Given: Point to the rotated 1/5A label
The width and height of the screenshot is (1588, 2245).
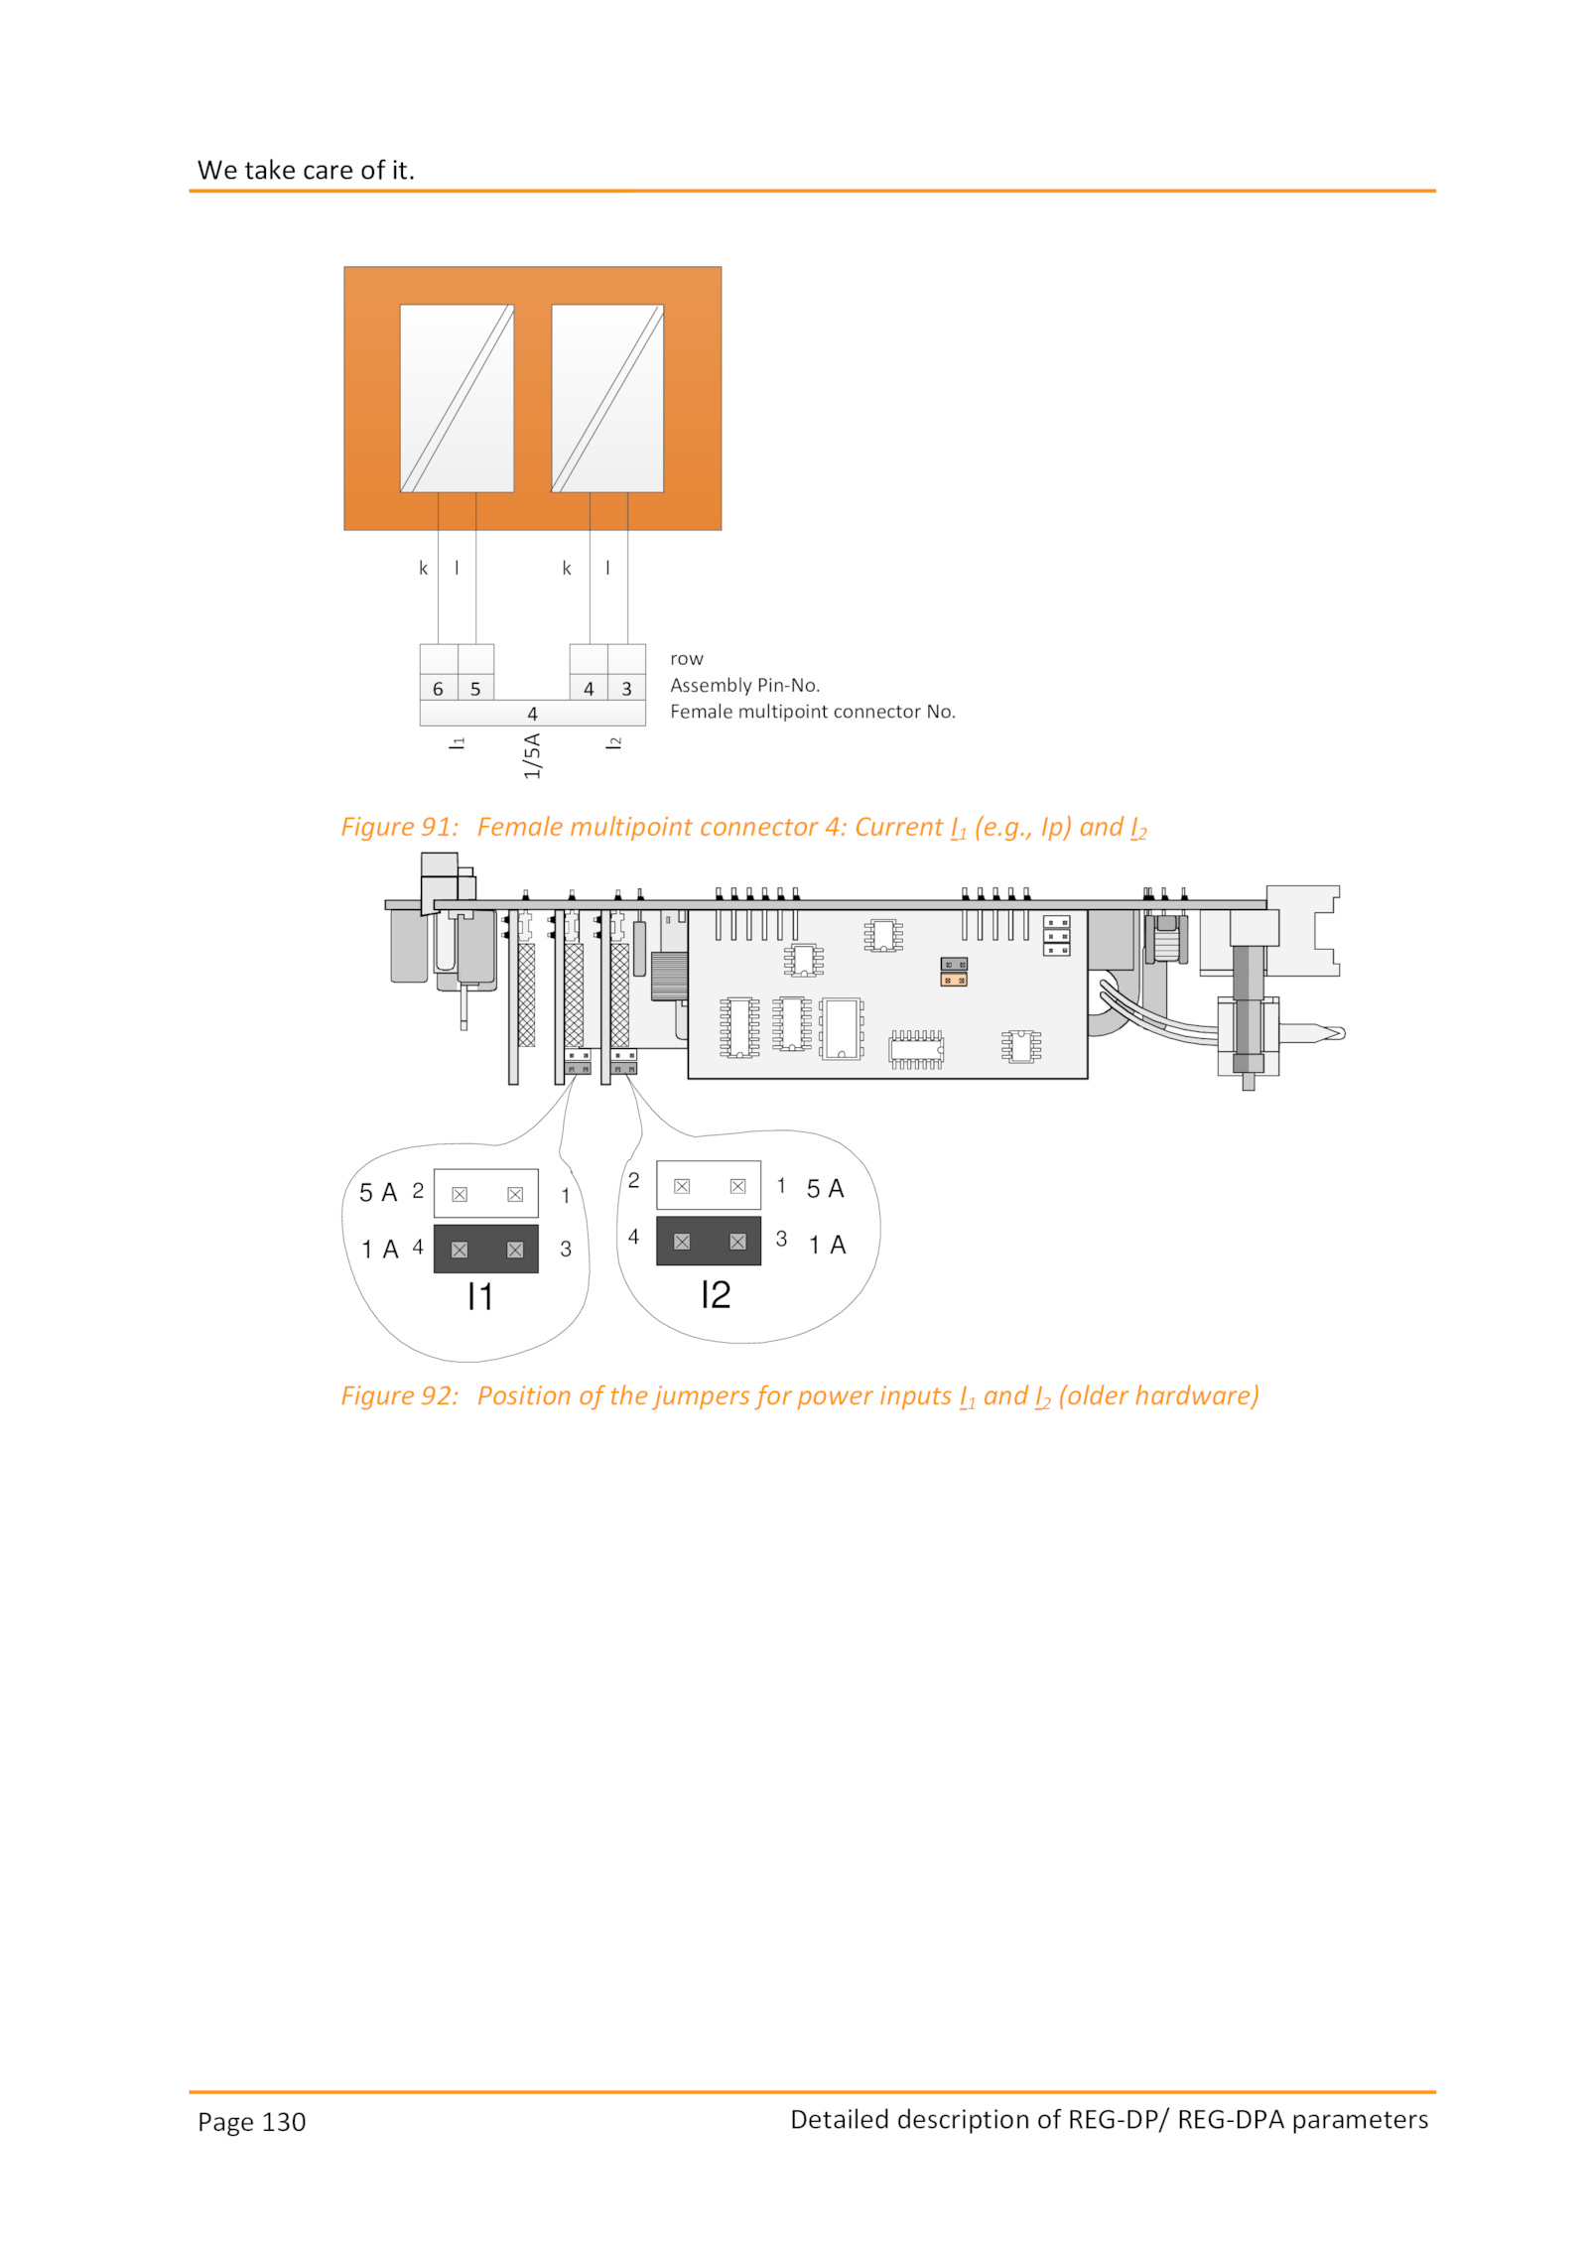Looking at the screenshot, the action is (532, 755).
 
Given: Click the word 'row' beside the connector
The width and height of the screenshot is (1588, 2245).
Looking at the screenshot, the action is (686, 659).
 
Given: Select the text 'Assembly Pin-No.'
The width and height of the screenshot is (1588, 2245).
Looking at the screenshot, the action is (744, 685).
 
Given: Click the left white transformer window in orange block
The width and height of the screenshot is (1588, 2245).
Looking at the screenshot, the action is (457, 398).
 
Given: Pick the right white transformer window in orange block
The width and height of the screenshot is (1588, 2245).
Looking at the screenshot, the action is (607, 398).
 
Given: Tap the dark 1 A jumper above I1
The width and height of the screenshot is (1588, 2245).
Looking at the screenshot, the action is (486, 1249).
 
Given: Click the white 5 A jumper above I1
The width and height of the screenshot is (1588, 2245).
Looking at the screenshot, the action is (486, 1193).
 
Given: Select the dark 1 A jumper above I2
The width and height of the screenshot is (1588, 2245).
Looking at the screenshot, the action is (709, 1241).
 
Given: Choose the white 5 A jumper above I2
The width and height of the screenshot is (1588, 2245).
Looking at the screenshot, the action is (709, 1185).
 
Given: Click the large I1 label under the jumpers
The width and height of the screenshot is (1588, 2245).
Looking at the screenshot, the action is (480, 1296).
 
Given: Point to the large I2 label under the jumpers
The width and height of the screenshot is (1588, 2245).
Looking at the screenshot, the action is (716, 1294).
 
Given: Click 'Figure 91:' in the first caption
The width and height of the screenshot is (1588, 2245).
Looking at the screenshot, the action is (400, 827).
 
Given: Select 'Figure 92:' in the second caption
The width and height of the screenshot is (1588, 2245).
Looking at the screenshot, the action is (400, 1395).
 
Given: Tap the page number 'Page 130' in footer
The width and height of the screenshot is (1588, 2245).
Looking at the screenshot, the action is (251, 2122).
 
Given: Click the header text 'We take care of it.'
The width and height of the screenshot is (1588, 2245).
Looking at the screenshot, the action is (306, 170).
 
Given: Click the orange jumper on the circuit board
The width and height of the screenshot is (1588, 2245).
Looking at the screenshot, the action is (954, 980).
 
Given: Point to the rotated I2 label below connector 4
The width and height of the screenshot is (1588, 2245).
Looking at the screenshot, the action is (614, 742).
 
